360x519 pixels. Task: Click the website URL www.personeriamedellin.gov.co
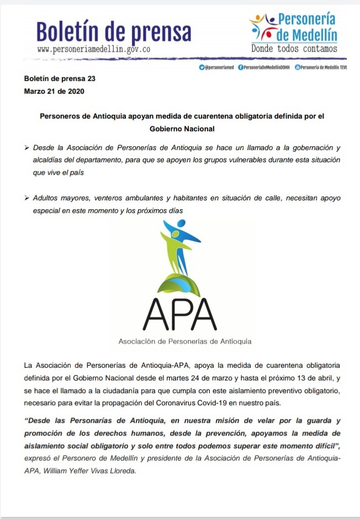(x=94, y=49)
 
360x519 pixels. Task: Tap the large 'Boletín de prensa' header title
(x=114, y=31)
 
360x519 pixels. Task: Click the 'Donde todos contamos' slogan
(x=294, y=49)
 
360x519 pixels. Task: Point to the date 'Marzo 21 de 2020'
(x=54, y=91)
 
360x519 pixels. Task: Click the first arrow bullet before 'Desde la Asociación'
(x=27, y=148)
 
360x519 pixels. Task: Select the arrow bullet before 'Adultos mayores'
(x=27, y=198)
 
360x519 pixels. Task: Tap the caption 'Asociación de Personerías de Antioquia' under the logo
(x=185, y=341)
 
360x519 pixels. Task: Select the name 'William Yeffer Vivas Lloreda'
(x=96, y=472)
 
